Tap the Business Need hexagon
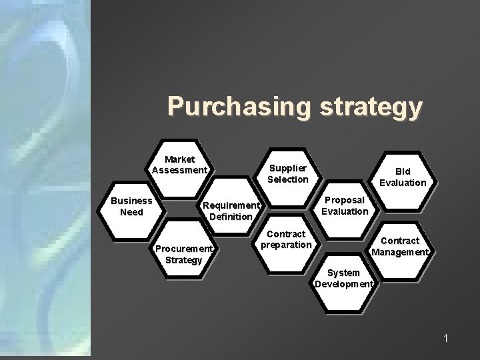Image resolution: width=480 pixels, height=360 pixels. click(x=131, y=207)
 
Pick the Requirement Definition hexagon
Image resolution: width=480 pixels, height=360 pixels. click(x=231, y=210)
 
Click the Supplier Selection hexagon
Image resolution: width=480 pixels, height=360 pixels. click(x=287, y=174)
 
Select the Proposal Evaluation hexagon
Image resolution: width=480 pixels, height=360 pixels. click(x=345, y=206)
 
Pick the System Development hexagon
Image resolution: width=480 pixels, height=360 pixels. click(x=345, y=279)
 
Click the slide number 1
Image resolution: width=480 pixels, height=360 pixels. click(x=446, y=339)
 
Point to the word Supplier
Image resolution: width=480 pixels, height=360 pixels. click(x=287, y=168)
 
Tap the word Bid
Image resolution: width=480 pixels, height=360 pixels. click(x=403, y=171)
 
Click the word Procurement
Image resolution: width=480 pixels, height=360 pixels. click(x=183, y=249)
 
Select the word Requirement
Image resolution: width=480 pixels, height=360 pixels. click(x=231, y=205)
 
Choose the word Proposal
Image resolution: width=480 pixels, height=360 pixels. click(x=345, y=200)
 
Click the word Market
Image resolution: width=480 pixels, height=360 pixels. click(x=180, y=159)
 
